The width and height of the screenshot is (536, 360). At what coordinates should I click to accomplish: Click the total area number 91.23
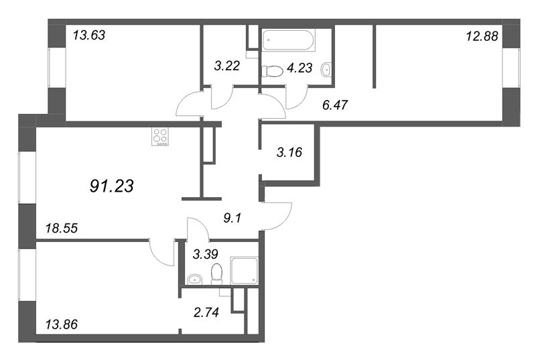(x=111, y=186)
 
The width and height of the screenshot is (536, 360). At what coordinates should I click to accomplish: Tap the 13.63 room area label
(x=89, y=36)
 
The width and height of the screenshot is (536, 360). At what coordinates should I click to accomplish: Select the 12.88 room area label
(x=482, y=36)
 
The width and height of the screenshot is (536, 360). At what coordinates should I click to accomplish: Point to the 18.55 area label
(x=62, y=228)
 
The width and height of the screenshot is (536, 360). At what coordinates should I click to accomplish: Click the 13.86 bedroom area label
(x=62, y=324)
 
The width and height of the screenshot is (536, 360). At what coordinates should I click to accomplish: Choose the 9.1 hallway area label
(x=232, y=218)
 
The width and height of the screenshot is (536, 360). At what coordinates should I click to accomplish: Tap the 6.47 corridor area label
(x=335, y=105)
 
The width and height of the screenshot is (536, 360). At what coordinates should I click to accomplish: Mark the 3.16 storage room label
(x=289, y=152)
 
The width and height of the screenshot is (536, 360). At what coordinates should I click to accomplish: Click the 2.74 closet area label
(x=206, y=312)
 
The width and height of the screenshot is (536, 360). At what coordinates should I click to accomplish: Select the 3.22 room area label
(x=227, y=66)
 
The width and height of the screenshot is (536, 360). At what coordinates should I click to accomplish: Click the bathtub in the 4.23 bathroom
(x=289, y=40)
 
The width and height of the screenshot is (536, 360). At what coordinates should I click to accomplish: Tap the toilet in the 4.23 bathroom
(x=273, y=71)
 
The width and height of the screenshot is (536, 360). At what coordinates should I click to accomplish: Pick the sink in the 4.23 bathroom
(x=326, y=70)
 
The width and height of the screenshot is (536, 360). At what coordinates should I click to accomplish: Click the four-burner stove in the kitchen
(x=160, y=137)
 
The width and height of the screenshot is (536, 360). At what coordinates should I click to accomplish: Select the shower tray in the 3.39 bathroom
(x=245, y=271)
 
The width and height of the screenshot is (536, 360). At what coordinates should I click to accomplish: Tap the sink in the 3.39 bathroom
(x=195, y=280)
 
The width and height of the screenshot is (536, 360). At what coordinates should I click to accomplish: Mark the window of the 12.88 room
(x=511, y=68)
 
